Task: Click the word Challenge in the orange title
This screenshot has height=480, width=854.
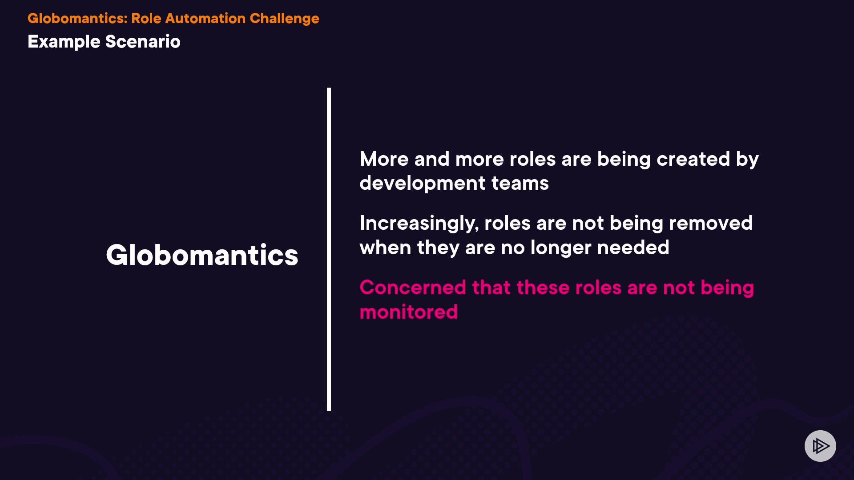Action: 284,19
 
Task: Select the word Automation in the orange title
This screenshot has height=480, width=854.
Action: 205,18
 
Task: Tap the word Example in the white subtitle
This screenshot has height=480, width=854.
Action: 64,42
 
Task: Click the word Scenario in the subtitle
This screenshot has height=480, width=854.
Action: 143,42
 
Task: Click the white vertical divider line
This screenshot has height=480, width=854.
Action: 329,249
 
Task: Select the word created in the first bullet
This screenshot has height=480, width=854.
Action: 693,159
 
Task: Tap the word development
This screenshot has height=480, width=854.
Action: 423,184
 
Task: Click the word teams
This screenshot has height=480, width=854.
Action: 520,184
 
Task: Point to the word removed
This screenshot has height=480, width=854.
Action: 711,223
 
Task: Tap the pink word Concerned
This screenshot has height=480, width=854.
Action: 413,288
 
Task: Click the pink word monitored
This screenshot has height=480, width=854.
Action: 408,312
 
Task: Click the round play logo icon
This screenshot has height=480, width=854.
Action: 820,446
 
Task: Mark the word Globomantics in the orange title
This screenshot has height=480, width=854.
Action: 77,18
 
